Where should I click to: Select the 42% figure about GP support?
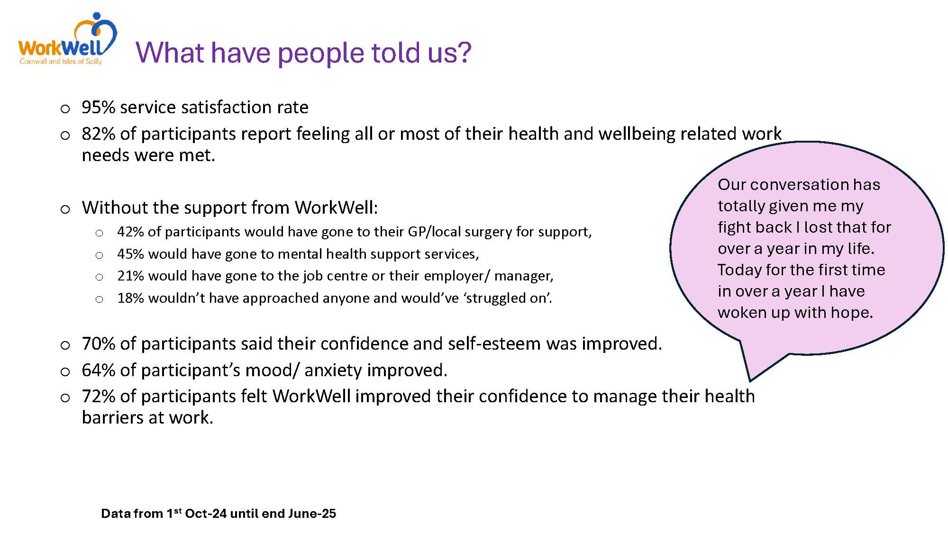(x=131, y=232)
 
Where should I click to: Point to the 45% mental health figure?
(x=131, y=254)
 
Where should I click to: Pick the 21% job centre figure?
(x=131, y=276)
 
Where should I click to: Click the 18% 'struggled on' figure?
(x=131, y=298)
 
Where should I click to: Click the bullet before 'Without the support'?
(x=65, y=209)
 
